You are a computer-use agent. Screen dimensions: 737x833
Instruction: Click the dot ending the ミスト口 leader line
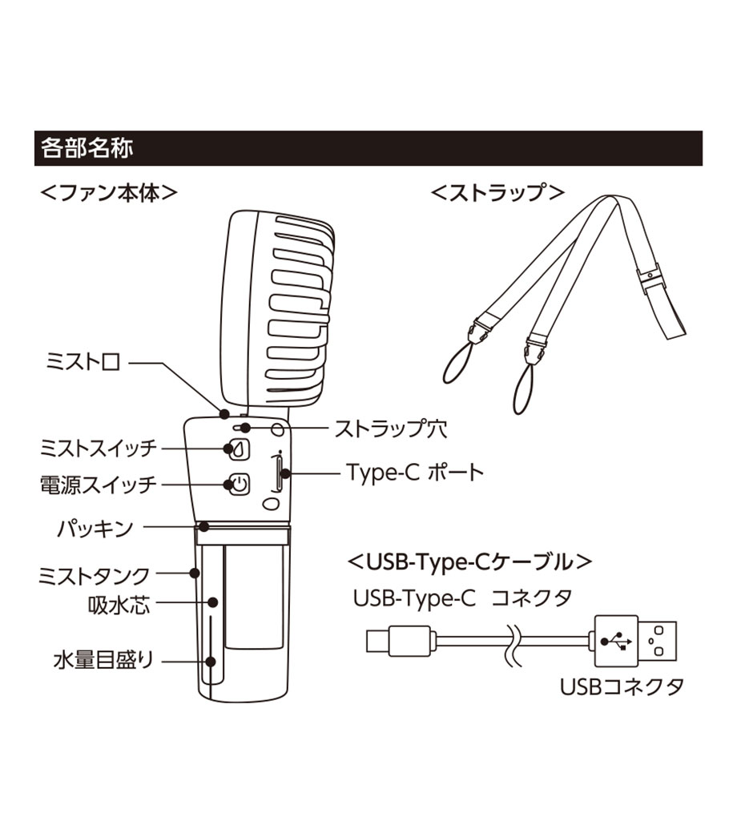(224, 413)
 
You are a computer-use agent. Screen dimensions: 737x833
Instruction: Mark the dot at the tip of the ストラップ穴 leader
(245, 427)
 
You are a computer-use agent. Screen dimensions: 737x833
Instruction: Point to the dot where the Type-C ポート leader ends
(285, 473)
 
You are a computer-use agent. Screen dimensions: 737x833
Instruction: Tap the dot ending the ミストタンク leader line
(195, 573)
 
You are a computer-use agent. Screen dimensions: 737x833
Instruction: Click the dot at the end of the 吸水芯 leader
(213, 602)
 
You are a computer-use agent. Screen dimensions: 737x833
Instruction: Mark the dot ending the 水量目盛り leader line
(211, 662)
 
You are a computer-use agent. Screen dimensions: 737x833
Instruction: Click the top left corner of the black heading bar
(34, 131)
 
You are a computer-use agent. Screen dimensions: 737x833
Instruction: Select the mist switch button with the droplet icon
(240, 449)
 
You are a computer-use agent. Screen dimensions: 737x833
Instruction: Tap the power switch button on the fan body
(240, 485)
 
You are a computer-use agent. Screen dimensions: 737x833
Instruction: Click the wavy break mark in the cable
(514, 644)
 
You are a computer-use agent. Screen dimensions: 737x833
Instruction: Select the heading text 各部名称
(87, 148)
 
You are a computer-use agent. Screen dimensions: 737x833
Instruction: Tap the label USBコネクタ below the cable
(622, 687)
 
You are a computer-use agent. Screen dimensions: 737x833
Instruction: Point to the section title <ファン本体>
(108, 192)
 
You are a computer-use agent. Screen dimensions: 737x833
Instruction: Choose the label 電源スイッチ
(99, 485)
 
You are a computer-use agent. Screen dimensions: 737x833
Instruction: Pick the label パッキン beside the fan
(95, 529)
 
